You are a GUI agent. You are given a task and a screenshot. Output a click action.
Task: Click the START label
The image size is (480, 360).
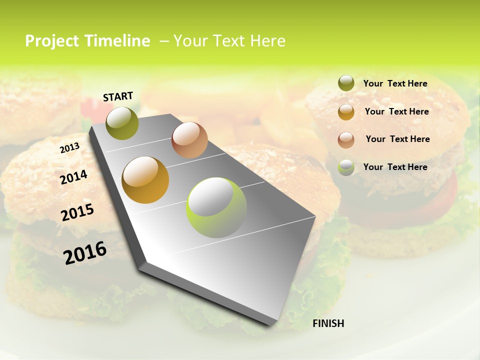pos(118,96)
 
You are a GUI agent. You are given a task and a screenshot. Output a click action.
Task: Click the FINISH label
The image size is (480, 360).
pos(328,323)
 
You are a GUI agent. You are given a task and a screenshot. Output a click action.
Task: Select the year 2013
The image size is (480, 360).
pos(69,148)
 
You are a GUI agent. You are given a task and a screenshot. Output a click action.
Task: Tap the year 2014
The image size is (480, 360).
pos(73,177)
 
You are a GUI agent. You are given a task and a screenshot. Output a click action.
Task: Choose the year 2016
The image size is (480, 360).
pos(85,252)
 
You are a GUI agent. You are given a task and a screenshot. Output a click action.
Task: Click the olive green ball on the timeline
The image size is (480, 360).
pos(122,123)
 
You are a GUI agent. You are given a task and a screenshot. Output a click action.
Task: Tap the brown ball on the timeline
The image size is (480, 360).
pos(189,140)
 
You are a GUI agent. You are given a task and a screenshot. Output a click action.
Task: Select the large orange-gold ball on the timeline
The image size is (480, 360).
pos(145,180)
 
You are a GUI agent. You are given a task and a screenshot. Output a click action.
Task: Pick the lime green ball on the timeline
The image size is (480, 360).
pos(216,207)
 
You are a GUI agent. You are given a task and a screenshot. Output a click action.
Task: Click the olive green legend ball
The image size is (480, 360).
pos(346,83)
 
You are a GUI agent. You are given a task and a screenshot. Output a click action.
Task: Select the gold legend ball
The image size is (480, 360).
pos(346,111)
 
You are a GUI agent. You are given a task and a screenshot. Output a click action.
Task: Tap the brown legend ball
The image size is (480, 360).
pos(346,139)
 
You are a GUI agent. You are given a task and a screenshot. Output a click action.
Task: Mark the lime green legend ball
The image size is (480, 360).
pos(346,167)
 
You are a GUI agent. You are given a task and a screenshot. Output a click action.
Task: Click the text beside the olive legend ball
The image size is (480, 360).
pos(395,83)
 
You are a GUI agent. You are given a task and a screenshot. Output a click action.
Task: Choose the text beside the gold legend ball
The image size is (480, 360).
pos(396,111)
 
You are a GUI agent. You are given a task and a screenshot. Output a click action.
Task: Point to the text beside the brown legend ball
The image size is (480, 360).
pos(397,139)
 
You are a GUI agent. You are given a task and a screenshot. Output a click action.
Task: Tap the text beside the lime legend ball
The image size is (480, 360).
pos(395,167)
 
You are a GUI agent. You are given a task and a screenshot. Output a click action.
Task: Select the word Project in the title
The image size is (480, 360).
pos(52,41)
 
